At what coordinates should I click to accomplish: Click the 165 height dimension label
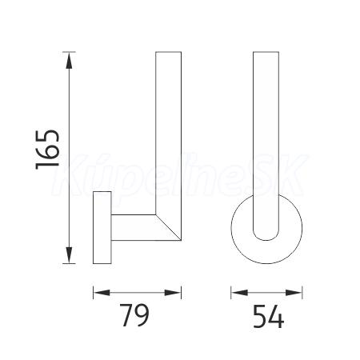coord(47,150)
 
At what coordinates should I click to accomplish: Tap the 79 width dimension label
coord(134,315)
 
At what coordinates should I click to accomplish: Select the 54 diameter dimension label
coord(268,317)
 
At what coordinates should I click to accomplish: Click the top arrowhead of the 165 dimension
coord(69,61)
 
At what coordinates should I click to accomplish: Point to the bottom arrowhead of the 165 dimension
coord(69,255)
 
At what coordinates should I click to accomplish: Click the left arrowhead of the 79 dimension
coord(102,293)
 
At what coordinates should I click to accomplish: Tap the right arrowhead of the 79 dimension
coord(173,293)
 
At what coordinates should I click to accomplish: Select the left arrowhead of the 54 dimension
coord(239,293)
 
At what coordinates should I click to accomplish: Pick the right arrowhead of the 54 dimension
coord(294,293)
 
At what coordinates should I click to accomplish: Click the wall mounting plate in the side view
coord(102,227)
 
